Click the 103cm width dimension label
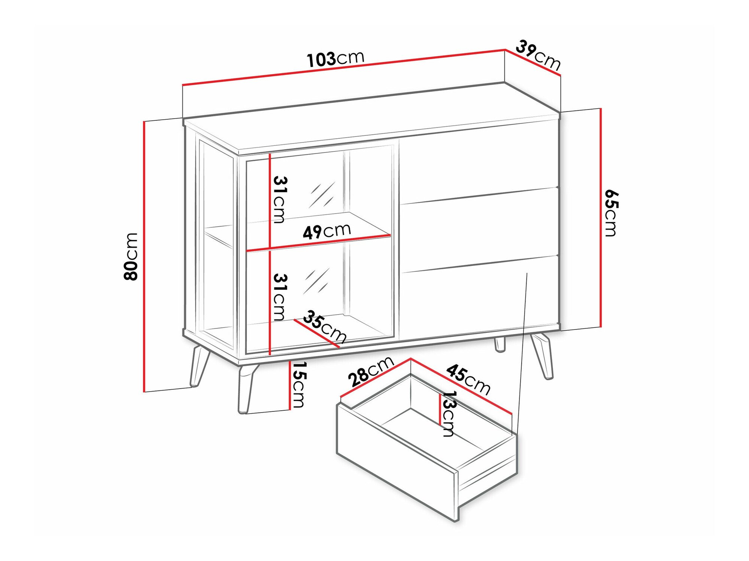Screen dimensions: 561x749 pos(335,59)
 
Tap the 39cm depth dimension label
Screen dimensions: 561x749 pos(539,55)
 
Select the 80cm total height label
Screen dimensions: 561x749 pos(131,256)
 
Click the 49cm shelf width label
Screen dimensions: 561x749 pos(327,231)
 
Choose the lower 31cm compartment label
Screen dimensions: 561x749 pos(280,297)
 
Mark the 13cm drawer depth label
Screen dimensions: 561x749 pos(448,414)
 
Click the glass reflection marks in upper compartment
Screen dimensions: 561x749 pos(321,195)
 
